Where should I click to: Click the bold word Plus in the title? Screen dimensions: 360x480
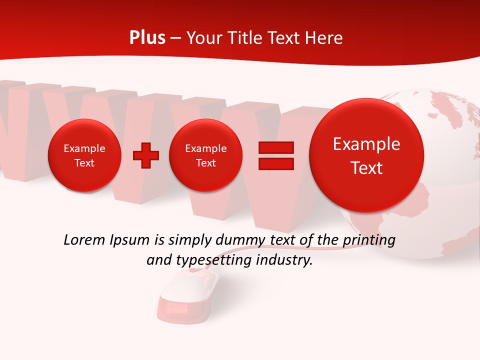click(147, 38)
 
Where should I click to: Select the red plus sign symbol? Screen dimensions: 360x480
click(145, 155)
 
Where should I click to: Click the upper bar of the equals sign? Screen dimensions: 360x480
click(275, 147)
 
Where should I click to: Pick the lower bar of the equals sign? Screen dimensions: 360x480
click(275, 163)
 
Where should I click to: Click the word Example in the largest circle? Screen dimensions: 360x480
click(366, 144)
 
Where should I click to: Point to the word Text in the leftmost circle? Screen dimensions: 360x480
click(84, 163)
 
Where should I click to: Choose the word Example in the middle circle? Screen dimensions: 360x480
click(205, 148)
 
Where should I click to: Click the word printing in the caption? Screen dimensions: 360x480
click(369, 240)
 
